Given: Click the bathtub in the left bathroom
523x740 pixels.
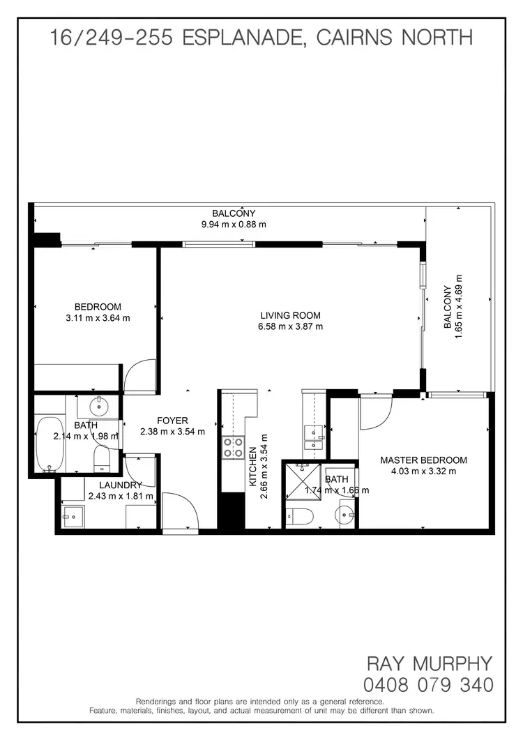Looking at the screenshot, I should (x=49, y=444).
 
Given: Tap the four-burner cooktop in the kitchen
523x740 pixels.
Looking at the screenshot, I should (x=234, y=446).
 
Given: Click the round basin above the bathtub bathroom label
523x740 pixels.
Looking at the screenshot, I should (x=99, y=405).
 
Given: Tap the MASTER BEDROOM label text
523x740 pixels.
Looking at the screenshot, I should (x=423, y=460).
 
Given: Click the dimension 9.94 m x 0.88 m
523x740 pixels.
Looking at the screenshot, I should (x=234, y=225).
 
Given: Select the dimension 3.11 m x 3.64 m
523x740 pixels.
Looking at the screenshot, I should (x=98, y=318).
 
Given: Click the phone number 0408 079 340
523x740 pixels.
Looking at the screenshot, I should (x=428, y=684).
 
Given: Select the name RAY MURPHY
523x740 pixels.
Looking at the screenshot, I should (x=430, y=663).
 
